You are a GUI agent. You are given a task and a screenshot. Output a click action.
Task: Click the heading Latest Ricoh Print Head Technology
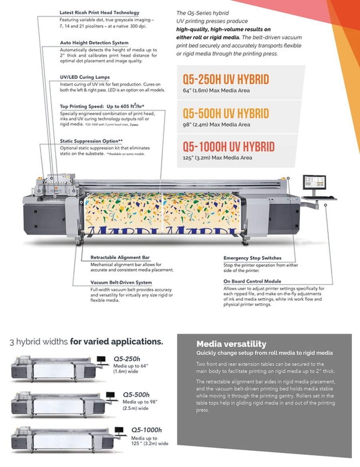pos(99,12)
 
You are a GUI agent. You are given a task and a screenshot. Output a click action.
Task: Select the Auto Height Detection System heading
pos(94,42)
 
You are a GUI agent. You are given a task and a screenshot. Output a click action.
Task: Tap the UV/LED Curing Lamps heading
pos(85,77)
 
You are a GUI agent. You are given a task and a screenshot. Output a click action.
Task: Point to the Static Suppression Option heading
pos(91,141)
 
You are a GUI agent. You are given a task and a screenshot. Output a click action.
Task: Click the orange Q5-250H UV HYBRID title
pos(226,79)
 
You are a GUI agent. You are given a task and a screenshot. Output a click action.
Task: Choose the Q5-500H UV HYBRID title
pos(226,113)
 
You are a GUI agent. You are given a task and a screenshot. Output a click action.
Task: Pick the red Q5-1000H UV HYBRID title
pos(229,147)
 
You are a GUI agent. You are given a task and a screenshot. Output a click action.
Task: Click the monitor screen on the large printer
pos(314,182)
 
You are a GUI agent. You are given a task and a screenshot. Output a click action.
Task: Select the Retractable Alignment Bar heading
pos(120,257)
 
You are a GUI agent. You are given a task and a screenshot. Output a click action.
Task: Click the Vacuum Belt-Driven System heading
pos(121,282)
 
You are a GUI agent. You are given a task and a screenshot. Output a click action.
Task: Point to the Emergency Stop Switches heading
pos(252,258)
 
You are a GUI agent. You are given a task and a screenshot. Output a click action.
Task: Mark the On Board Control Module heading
pos(252,281)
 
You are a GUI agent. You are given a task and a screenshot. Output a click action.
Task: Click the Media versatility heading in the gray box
pos(231,344)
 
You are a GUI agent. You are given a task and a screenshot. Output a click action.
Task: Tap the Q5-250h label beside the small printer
pos(127,359)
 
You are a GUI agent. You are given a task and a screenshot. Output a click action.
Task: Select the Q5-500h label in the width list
pos(136,394)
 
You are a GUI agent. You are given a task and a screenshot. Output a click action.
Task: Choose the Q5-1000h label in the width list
pos(147,430)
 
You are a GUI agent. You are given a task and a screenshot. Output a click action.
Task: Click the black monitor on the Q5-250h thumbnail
pos(101,359)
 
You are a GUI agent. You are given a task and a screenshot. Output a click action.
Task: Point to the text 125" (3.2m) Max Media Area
pos(217,158)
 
